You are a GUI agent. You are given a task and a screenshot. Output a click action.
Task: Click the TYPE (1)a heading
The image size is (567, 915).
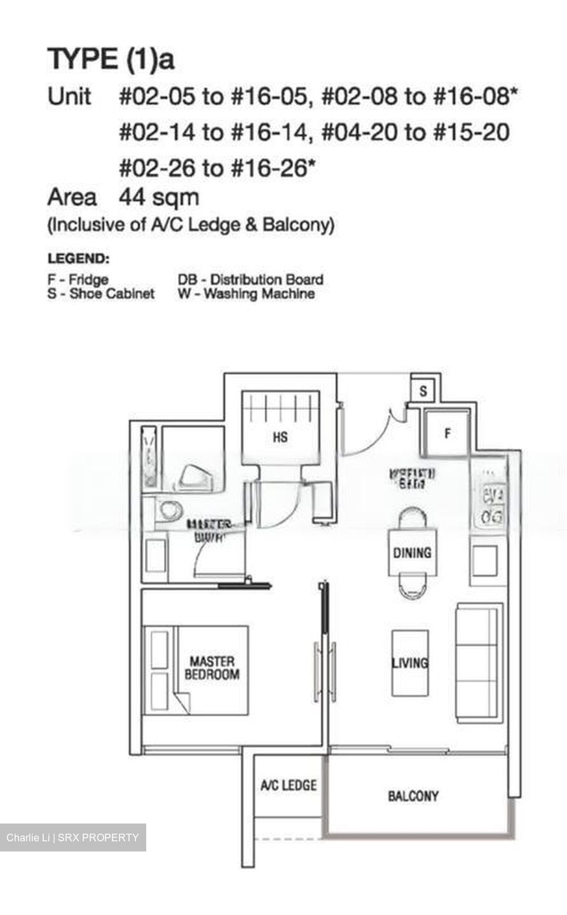111,60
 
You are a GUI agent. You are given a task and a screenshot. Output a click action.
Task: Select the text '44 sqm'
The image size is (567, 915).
159,198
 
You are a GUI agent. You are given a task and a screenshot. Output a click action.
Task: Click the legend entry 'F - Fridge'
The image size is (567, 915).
78,280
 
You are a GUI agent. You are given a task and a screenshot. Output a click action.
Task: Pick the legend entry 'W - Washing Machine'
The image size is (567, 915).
247,294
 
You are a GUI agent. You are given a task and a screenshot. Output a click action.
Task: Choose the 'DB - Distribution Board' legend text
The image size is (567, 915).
250,280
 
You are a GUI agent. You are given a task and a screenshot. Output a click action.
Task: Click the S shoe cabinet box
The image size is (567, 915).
423,391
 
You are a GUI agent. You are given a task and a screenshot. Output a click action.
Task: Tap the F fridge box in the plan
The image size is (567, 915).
447,433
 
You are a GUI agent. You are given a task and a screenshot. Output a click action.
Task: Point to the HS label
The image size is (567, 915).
280,437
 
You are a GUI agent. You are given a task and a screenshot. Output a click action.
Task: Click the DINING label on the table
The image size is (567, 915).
412,553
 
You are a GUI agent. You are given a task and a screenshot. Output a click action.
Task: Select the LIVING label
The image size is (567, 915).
410,663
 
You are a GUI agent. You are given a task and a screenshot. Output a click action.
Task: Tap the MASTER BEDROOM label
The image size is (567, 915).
212,668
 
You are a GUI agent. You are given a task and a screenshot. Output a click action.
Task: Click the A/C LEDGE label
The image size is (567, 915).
288,785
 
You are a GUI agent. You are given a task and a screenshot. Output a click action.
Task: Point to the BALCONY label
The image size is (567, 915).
413,796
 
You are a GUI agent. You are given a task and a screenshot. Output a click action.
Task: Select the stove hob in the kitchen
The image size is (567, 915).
493,505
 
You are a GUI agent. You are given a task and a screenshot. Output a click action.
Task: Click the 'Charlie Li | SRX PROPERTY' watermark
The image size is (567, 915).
72,837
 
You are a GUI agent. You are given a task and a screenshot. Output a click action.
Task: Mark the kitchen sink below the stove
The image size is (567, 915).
484,560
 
